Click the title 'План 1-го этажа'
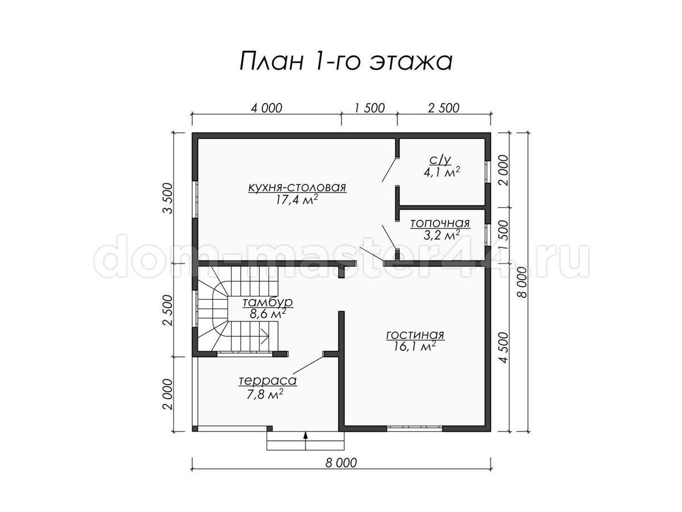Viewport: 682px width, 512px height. click(346, 61)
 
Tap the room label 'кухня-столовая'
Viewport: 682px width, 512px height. click(297, 188)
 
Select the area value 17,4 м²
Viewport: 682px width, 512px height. click(297, 200)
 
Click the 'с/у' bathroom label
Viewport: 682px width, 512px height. click(440, 160)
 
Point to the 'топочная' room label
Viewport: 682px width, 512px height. click(440, 223)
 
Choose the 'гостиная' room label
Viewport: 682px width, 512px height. click(415, 335)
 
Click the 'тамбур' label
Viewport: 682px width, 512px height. click(267, 303)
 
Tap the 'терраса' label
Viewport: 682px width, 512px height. click(268, 381)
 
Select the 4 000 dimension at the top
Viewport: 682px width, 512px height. click(267, 108)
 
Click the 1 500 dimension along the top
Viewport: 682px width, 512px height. click(369, 108)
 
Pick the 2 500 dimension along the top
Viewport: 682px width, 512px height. click(444, 108)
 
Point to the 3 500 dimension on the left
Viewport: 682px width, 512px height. click(168, 198)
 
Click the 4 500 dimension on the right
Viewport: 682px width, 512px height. click(504, 347)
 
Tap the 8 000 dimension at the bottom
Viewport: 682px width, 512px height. click(341, 472)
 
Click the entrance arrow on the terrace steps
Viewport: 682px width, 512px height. click(305, 440)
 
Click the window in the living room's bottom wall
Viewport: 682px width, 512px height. click(414, 428)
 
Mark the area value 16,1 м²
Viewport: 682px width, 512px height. click(415, 346)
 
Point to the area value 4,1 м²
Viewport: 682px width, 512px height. click(442, 172)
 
